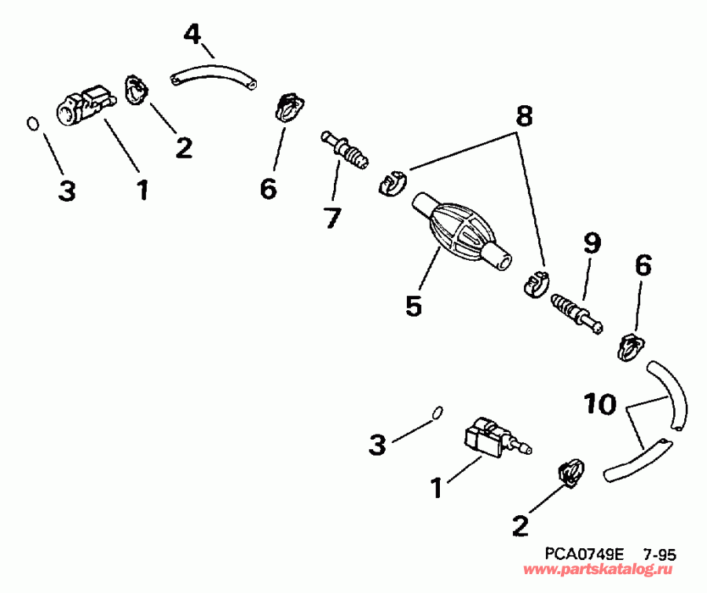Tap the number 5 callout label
414,306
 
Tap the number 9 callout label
591,244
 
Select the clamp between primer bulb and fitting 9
535,284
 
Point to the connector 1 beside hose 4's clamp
82,106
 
